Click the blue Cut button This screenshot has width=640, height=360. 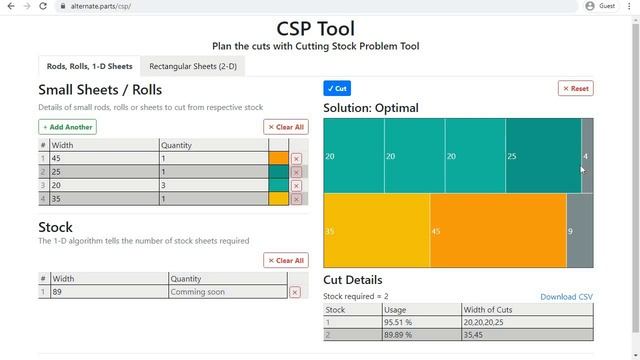(x=337, y=88)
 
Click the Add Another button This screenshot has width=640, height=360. (x=67, y=127)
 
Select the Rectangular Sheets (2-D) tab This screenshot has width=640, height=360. (x=193, y=67)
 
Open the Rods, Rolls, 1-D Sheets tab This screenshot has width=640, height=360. (x=89, y=67)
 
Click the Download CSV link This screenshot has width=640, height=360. (x=566, y=297)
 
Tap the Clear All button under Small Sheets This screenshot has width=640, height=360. (x=286, y=127)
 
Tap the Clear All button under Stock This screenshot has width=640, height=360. (x=286, y=260)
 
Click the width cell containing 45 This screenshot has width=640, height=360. (x=103, y=159)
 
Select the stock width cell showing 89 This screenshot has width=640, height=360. (x=107, y=292)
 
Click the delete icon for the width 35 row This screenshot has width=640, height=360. (x=296, y=199)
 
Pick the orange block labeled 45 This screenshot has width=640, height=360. (x=498, y=231)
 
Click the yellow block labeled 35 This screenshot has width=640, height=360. (x=376, y=231)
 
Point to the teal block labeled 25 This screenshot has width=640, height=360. (x=543, y=156)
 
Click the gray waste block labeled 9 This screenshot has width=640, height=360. (x=579, y=231)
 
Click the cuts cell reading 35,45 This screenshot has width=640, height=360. (x=526, y=335)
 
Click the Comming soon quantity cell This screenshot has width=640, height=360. (x=227, y=292)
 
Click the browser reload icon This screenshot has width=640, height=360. (x=43, y=6)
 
